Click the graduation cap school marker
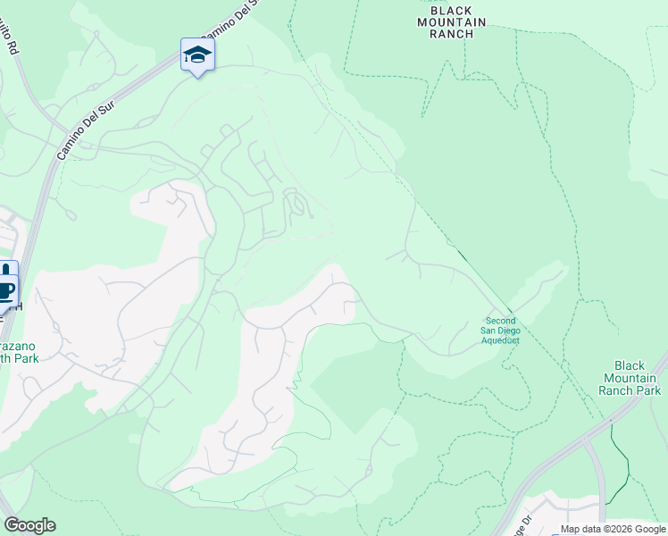point(197,55)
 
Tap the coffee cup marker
point(7,289)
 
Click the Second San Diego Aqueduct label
point(500,330)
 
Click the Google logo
point(29,525)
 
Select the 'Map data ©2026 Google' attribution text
point(612,529)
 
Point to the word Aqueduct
point(500,340)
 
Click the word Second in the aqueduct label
point(500,321)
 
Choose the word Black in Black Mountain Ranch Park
point(630,365)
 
